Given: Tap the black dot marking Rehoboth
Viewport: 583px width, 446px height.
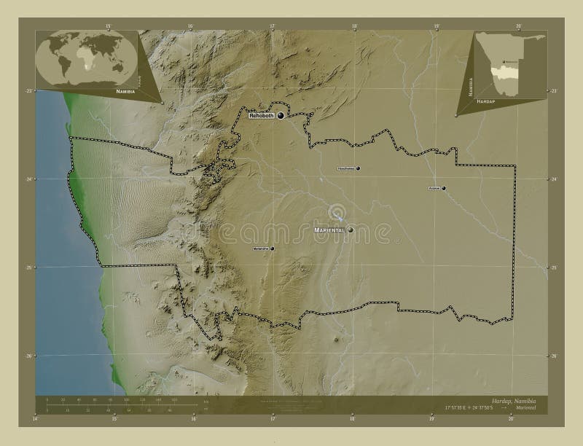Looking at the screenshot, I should coord(280,115).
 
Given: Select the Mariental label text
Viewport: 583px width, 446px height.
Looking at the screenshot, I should coord(329,230).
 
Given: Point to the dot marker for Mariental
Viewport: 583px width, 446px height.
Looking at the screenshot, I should coord(351,230).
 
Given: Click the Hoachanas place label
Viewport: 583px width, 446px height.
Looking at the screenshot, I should coord(345,168).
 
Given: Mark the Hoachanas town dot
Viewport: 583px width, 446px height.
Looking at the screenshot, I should coord(359,168).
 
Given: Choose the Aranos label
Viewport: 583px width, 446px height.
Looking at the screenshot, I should coord(434,189).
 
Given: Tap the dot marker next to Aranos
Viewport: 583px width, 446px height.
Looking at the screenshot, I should coord(443,189).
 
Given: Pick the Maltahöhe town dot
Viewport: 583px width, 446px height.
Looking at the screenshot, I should coord(273,249).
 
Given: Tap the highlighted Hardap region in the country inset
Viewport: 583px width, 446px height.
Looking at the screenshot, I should coord(503,73).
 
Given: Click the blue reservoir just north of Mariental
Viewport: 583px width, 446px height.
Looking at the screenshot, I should coord(337,213).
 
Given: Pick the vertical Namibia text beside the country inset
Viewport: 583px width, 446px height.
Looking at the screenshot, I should coord(470,85).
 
